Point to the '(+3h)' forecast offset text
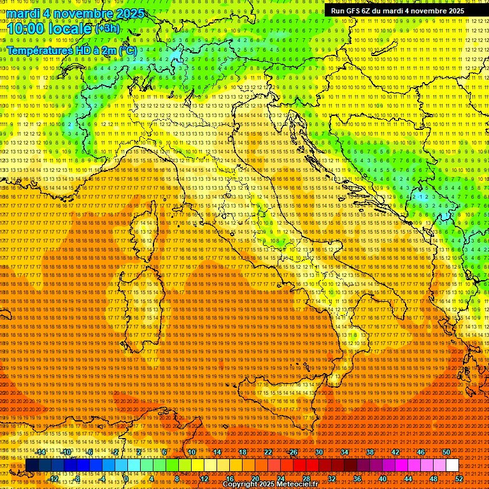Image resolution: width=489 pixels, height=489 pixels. point(106,29)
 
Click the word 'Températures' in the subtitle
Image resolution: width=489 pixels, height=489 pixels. point(38,50)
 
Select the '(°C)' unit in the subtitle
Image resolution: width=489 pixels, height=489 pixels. point(127,50)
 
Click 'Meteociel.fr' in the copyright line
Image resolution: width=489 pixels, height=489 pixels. point(295,485)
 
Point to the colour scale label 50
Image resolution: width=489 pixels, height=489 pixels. point(446,452)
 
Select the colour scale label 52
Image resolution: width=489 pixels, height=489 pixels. point(459,479)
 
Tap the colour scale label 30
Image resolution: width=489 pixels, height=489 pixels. point(318,452)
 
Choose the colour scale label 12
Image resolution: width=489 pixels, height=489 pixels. point(204,479)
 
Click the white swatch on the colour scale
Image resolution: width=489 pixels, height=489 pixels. point(452,465)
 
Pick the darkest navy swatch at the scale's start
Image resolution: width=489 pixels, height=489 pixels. point(31,465)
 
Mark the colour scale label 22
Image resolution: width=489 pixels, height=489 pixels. point(267,452)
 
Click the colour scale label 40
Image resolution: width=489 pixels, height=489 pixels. point(382,479)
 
